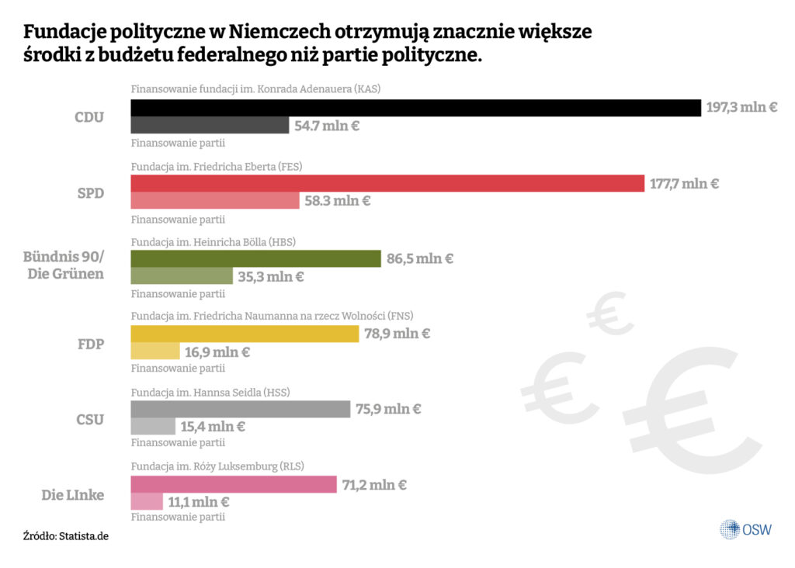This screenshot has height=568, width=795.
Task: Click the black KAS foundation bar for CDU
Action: pyautogui.click(x=415, y=108)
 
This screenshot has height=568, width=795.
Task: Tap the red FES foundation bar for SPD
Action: pyautogui.click(x=387, y=183)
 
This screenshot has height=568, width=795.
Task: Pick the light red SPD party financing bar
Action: pyautogui.click(x=215, y=201)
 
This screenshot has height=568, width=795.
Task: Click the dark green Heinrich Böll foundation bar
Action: pyautogui.click(x=255, y=258)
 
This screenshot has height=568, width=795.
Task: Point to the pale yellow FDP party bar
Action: pyautogui.click(x=155, y=352)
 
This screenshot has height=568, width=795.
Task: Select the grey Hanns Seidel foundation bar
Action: pyautogui.click(x=241, y=409)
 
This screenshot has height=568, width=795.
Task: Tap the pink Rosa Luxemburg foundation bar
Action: pyautogui.click(x=233, y=484)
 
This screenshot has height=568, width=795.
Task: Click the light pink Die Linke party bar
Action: pyautogui.click(x=147, y=501)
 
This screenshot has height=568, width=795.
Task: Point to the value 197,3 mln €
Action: pyautogui.click(x=741, y=108)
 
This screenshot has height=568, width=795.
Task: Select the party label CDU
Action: pyautogui.click(x=89, y=118)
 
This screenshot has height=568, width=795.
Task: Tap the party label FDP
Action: pyautogui.click(x=91, y=343)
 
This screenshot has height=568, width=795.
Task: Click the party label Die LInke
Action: pyautogui.click(x=72, y=494)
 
